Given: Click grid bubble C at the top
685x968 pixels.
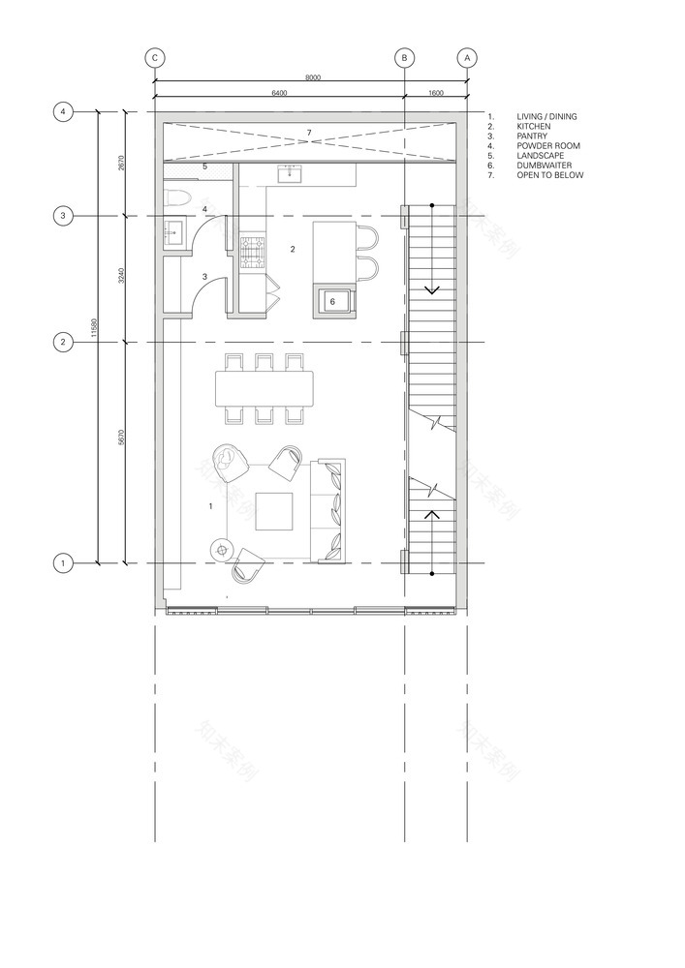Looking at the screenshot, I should pos(154,58).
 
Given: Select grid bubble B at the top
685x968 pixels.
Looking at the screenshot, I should pos(405,58).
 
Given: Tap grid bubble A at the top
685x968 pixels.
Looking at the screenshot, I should pos(467,58).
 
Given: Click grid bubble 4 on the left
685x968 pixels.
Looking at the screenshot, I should pos(63,112).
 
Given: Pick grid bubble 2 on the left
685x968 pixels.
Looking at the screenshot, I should pos(63,342).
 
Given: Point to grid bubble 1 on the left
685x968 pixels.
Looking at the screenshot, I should pos(63,562).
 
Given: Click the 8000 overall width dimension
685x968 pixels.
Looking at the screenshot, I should pos(312,76).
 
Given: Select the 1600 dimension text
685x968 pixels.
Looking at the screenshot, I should pos(435,94).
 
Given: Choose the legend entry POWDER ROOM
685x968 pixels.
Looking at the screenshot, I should pos(548,146).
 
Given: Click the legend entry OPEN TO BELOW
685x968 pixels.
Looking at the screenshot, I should pos(549,175).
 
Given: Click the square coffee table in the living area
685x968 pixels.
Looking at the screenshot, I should pos(274,511).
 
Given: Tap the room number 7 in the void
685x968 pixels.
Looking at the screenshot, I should pos(308,131).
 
